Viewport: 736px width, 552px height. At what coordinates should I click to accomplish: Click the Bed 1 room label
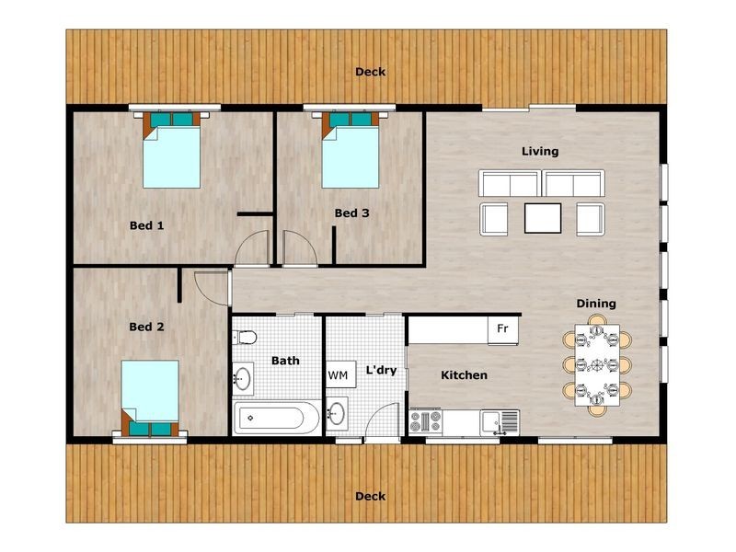[146, 224]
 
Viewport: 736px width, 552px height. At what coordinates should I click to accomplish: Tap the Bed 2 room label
[146, 327]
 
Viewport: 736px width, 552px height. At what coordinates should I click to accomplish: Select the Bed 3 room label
[351, 213]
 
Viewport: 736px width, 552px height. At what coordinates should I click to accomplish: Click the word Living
[540, 151]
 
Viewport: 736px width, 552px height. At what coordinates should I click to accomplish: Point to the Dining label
[596, 304]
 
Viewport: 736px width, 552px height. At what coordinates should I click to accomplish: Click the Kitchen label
[464, 375]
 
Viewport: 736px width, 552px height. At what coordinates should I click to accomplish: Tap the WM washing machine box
[338, 376]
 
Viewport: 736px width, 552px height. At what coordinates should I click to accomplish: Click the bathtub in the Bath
[277, 420]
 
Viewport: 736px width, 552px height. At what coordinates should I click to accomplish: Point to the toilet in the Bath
[243, 336]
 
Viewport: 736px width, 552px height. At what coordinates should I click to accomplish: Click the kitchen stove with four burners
[425, 421]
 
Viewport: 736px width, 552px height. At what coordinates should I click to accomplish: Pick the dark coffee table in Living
[542, 218]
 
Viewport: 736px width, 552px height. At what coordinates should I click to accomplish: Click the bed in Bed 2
[150, 391]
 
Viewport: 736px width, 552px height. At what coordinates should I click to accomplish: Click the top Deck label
[371, 72]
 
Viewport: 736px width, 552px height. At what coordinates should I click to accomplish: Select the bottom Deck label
[371, 497]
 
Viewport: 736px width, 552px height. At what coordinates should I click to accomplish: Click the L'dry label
[381, 371]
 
